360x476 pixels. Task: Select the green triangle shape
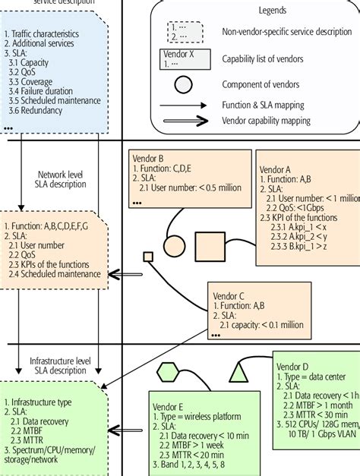[x=239, y=372]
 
